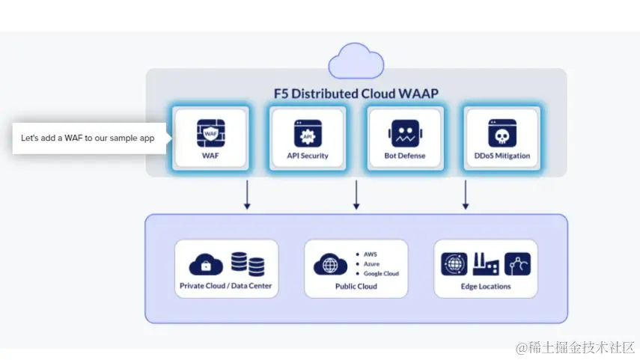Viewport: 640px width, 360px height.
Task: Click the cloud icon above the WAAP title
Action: (356, 60)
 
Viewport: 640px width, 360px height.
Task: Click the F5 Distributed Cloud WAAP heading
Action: (356, 94)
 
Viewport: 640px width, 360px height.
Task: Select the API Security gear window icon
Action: (307, 133)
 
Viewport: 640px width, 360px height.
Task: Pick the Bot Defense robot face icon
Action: (405, 133)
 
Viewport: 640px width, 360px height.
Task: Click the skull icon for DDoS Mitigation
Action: (502, 133)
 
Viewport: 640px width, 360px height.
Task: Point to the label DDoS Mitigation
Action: (502, 156)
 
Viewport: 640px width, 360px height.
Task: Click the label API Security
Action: (307, 156)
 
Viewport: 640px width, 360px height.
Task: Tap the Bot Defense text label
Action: (405, 156)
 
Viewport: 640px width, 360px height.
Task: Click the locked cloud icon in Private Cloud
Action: (206, 264)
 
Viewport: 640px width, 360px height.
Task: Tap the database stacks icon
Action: (248, 263)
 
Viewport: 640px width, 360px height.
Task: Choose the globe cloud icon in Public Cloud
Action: (332, 264)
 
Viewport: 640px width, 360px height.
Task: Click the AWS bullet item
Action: (371, 254)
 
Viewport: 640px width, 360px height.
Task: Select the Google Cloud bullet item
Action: (381, 274)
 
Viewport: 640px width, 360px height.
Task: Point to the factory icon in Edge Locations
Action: (485, 263)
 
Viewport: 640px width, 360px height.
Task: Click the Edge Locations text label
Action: (486, 287)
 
